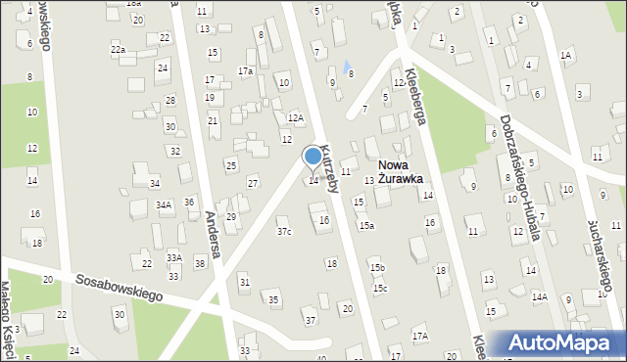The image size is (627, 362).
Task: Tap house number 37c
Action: pyautogui.click(x=284, y=232)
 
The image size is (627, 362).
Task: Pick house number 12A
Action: pyautogui.click(x=295, y=118)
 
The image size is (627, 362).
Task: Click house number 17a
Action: pyautogui.click(x=246, y=71)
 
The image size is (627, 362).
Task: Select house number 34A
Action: pyautogui.click(x=165, y=205)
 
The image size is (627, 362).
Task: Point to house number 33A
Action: pyautogui.click(x=173, y=257)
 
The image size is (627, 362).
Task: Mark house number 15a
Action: pyautogui.click(x=365, y=226)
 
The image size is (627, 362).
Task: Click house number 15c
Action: pyautogui.click(x=379, y=289)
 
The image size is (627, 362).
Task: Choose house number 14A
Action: pyautogui.click(x=539, y=296)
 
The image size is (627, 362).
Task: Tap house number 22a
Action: pyautogui.click(x=118, y=49)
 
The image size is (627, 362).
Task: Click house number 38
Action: pyautogui.click(x=200, y=264)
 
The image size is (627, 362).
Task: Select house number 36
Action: pyautogui.click(x=189, y=203)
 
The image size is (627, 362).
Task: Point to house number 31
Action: pyautogui.click(x=245, y=283)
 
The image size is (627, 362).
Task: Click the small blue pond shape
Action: pyautogui.click(x=347, y=66)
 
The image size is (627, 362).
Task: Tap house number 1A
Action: pyautogui.click(x=565, y=56)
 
